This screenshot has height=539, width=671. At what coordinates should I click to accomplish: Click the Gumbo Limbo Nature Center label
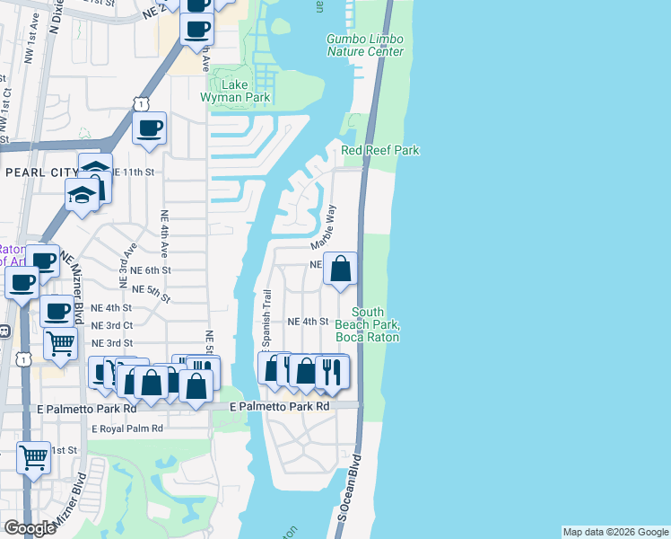pos(364,46)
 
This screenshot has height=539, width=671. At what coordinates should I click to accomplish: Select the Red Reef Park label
pos(380,151)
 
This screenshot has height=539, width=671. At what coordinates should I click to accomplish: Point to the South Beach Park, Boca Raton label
pos(367,324)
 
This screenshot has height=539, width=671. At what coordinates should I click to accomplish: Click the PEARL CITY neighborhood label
pos(39,172)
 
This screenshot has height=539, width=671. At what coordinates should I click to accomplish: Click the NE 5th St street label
pos(151,290)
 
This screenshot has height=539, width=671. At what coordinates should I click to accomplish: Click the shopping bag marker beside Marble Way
pos(341,269)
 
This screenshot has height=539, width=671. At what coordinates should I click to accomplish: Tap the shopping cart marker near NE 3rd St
pos(60,341)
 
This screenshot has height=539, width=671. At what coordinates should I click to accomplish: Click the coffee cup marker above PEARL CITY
pos(150,128)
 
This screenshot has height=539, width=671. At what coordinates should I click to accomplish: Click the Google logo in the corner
pos(30,528)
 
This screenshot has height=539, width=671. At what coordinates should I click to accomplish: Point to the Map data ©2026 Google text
pos(615,532)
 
